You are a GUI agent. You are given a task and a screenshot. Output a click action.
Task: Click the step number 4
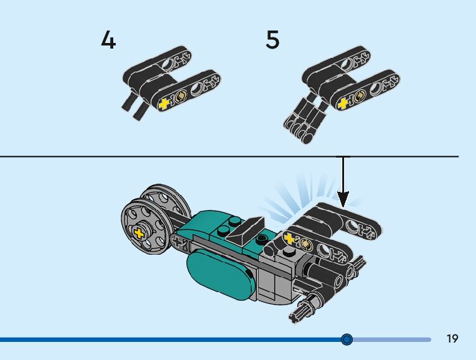(x=108, y=40)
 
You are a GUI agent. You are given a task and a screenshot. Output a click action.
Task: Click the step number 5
(x=273, y=40)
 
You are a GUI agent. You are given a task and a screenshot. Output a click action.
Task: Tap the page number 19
(x=452, y=339)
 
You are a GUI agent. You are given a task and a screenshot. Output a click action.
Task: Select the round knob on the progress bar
(x=347, y=339)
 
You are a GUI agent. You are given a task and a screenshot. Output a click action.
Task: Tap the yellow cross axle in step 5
(x=341, y=104)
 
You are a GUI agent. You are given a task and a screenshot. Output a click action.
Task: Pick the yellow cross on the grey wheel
(x=139, y=234)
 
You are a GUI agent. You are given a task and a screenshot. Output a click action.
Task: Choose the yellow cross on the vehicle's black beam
(x=289, y=239)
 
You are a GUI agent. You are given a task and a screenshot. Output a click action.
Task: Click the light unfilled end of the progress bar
(x=392, y=339)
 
